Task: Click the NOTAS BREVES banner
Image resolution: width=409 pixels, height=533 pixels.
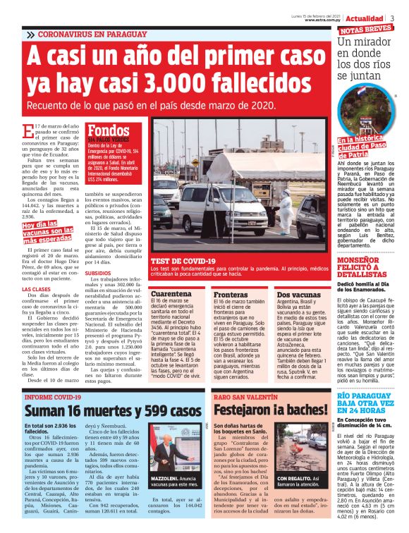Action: (367, 30)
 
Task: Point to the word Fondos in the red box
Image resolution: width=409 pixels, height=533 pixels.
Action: (109, 131)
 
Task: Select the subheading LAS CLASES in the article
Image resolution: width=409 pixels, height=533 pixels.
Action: (36, 289)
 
